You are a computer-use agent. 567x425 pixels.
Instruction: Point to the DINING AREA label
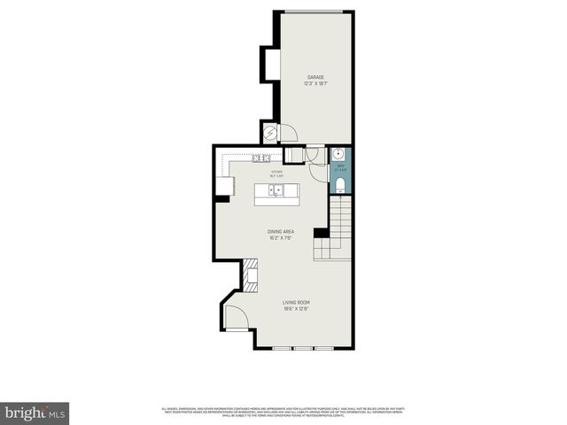(280, 232)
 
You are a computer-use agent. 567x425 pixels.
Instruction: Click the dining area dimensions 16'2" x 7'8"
(280, 238)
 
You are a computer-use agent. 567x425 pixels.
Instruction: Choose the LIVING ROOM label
(295, 303)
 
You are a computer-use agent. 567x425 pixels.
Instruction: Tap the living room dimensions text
(295, 309)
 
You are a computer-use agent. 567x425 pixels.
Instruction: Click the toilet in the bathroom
(341, 186)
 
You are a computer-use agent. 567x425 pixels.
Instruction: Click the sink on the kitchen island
(276, 189)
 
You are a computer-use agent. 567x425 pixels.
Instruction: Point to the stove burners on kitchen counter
(260, 158)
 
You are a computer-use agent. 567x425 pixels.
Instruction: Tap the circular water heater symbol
(270, 133)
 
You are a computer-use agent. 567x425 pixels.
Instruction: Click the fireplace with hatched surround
(251, 275)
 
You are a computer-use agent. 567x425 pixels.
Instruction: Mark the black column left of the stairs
(321, 234)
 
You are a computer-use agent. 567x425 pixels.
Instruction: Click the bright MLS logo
(36, 413)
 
